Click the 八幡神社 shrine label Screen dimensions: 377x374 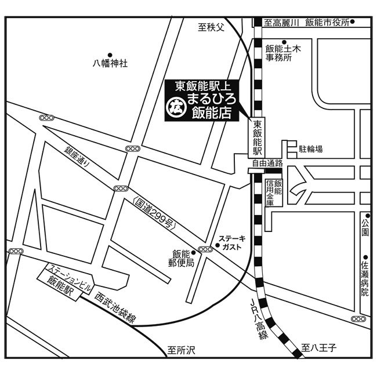(x=110, y=63)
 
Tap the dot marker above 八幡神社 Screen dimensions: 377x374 (x=110, y=55)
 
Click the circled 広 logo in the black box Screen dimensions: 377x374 (x=176, y=106)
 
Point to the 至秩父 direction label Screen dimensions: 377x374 (x=211, y=27)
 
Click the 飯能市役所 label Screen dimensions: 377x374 (x=327, y=23)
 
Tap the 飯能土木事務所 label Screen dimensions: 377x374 (x=283, y=53)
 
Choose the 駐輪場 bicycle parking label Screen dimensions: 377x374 (x=310, y=149)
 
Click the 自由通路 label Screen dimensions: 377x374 (x=267, y=164)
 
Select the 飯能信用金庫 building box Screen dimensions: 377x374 (x=274, y=193)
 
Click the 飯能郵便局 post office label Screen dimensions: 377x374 (x=181, y=259)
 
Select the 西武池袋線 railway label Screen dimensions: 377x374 (x=115, y=307)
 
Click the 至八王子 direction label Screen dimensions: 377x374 (x=318, y=348)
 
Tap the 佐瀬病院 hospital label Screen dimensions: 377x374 (x=364, y=278)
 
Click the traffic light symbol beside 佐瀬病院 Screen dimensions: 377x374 (x=358, y=319)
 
